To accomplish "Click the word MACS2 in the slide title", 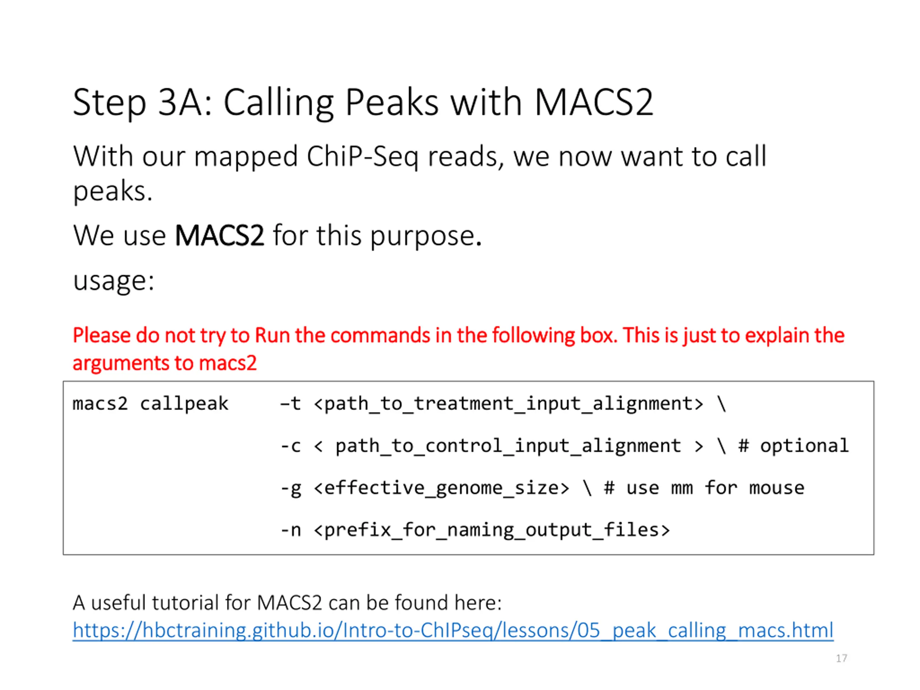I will point(594,102).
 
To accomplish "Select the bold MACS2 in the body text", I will point(219,236).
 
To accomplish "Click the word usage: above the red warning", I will point(114,281).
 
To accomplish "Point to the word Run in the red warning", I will point(272,335).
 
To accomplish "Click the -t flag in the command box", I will point(290,404).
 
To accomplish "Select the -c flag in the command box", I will point(290,446).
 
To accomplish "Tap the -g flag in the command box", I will point(290,488).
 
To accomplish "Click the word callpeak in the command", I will point(184,404).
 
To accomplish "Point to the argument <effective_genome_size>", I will point(441,488).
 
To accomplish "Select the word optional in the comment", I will point(804,446).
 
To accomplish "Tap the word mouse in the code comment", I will point(777,488).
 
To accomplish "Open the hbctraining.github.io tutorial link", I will point(452,631).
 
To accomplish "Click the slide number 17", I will point(841,658).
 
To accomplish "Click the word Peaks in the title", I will point(391,102).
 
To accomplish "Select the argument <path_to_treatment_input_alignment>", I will point(508,404).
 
